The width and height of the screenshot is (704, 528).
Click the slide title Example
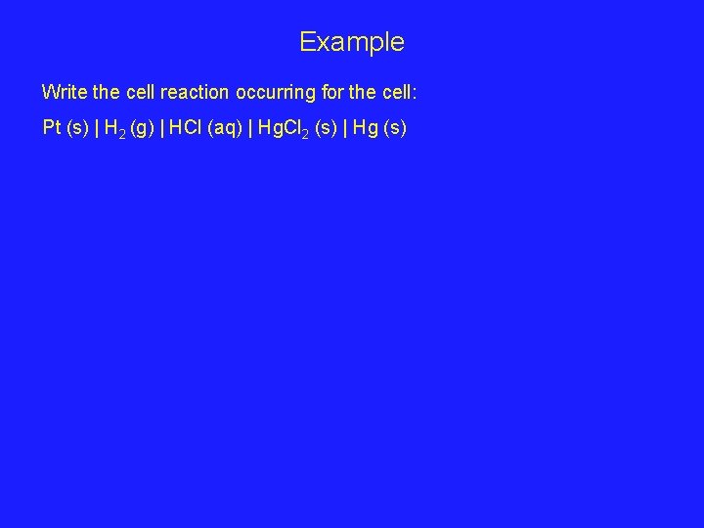point(351,42)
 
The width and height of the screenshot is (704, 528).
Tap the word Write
point(63,93)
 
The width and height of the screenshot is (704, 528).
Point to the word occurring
point(278,93)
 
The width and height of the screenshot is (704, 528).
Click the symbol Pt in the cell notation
point(52,127)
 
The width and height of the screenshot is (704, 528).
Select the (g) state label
point(142,127)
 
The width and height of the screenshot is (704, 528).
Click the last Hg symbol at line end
point(367,127)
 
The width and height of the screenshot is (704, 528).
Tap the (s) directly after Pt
point(76,127)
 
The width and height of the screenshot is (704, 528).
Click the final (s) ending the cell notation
point(396,127)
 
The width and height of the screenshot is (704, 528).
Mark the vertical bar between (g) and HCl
point(161,127)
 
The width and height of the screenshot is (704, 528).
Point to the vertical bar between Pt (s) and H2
point(96,127)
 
